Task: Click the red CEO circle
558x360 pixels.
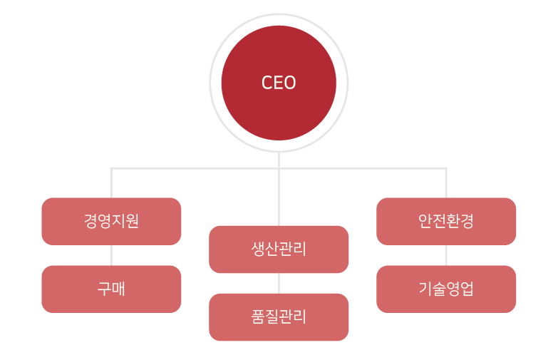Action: (279, 107)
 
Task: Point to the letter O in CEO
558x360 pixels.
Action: (290, 83)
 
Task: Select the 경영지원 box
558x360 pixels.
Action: (111, 221)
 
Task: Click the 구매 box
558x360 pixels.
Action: (111, 289)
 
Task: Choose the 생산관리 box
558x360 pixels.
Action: (279, 249)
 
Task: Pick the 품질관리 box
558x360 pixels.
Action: (279, 317)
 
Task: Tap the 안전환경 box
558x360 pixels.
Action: (446, 221)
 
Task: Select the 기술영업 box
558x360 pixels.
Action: (446, 289)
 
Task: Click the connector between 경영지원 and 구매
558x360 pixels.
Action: (111, 255)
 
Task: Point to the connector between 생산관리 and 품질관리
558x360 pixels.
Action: (279, 283)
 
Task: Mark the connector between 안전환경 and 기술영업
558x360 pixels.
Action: (446, 255)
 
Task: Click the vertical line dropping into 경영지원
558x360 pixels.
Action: (111, 183)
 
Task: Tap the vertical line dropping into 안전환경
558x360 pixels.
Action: (446, 183)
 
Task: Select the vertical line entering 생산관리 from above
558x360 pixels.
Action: (279, 200)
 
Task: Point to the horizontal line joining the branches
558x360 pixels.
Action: (192, 168)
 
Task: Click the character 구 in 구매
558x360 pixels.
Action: (104, 289)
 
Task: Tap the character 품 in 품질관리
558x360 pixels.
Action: (259, 317)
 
